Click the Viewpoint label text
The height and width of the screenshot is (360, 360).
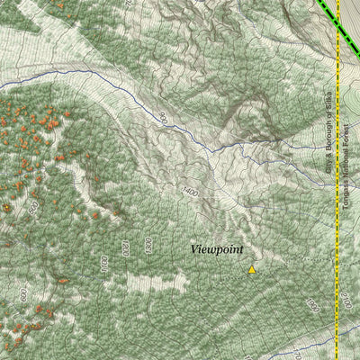(x=217, y=249)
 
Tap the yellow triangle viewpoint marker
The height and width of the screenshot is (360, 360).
(x=252, y=269)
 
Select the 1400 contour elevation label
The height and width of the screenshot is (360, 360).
(x=188, y=192)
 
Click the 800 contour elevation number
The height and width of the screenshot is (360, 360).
(x=33, y=209)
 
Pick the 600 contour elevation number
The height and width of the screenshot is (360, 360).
(x=22, y=295)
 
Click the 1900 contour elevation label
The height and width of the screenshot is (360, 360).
(x=312, y=306)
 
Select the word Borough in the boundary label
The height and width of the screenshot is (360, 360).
(x=329, y=135)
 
